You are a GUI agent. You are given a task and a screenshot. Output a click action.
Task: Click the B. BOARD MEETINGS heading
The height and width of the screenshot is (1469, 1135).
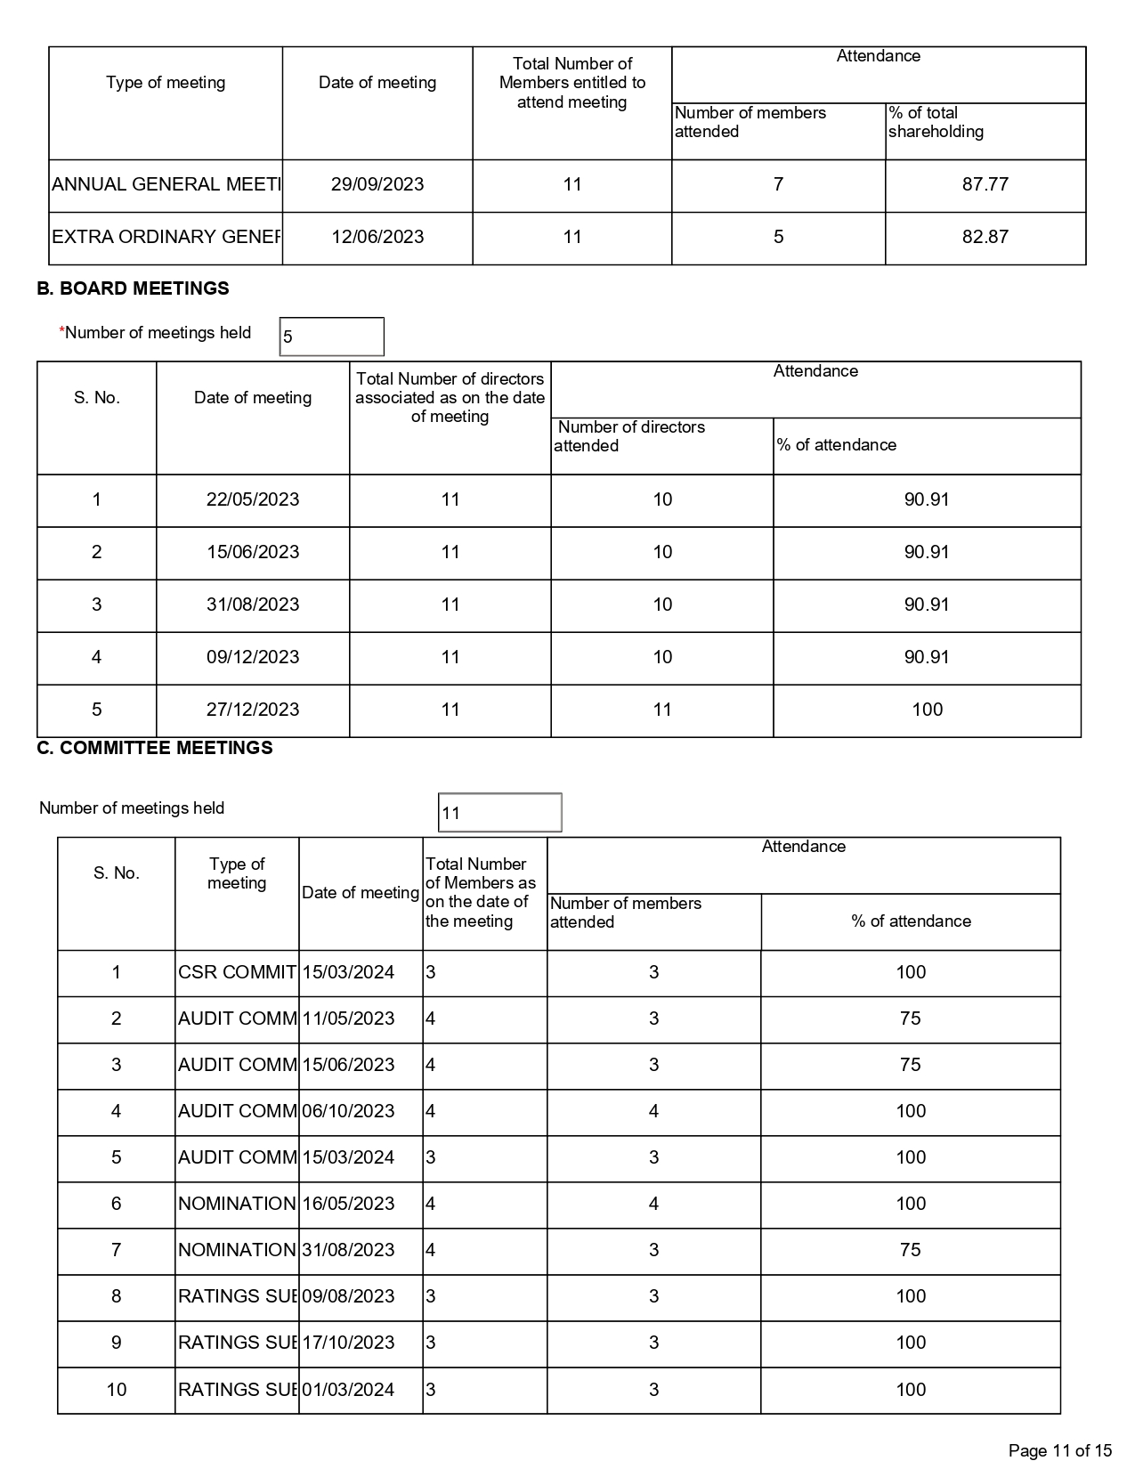pos(133,288)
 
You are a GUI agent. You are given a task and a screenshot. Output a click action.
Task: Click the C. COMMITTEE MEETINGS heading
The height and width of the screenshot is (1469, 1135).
pos(155,748)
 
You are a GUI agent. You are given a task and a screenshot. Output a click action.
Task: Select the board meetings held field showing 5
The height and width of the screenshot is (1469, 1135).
pos(331,337)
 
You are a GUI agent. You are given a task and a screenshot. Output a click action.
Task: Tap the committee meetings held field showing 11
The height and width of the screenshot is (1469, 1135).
pos(499,813)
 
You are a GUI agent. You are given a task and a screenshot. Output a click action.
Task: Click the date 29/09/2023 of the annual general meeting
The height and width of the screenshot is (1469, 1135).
pos(377,184)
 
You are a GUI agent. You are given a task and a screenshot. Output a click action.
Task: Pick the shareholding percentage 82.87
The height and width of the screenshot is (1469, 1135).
pos(985,237)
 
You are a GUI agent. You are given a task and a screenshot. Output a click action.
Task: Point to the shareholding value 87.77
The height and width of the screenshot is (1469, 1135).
pos(985,184)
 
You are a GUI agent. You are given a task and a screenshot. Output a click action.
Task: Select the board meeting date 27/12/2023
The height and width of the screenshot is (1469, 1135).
pos(253,710)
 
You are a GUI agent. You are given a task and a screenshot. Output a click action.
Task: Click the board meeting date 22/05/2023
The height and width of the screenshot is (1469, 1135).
pos(253,499)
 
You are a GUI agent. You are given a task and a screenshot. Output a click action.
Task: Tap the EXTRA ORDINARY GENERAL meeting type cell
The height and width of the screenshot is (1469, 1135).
pos(166,237)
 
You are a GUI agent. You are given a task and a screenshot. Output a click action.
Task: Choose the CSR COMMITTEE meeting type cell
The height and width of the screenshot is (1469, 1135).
pos(237,972)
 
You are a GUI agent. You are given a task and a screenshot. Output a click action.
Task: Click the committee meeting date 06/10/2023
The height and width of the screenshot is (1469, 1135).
pos(348,1111)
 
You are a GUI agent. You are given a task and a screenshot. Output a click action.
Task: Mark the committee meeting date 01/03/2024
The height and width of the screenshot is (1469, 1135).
pos(348,1390)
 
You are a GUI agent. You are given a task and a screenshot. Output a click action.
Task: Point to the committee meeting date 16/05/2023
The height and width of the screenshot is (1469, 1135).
pos(348,1204)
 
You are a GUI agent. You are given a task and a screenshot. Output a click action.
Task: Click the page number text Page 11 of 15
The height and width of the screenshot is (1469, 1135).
pos(1060,1451)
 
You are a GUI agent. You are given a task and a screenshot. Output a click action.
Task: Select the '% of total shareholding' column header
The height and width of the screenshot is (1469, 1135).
pos(936,122)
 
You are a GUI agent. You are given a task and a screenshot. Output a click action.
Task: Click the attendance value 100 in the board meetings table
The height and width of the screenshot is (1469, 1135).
pos(927,710)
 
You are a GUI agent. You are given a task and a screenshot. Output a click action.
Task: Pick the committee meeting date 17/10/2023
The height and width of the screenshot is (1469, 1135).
pos(348,1343)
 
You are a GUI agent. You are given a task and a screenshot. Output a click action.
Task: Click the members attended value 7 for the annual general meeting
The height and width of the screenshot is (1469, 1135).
pos(778,184)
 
